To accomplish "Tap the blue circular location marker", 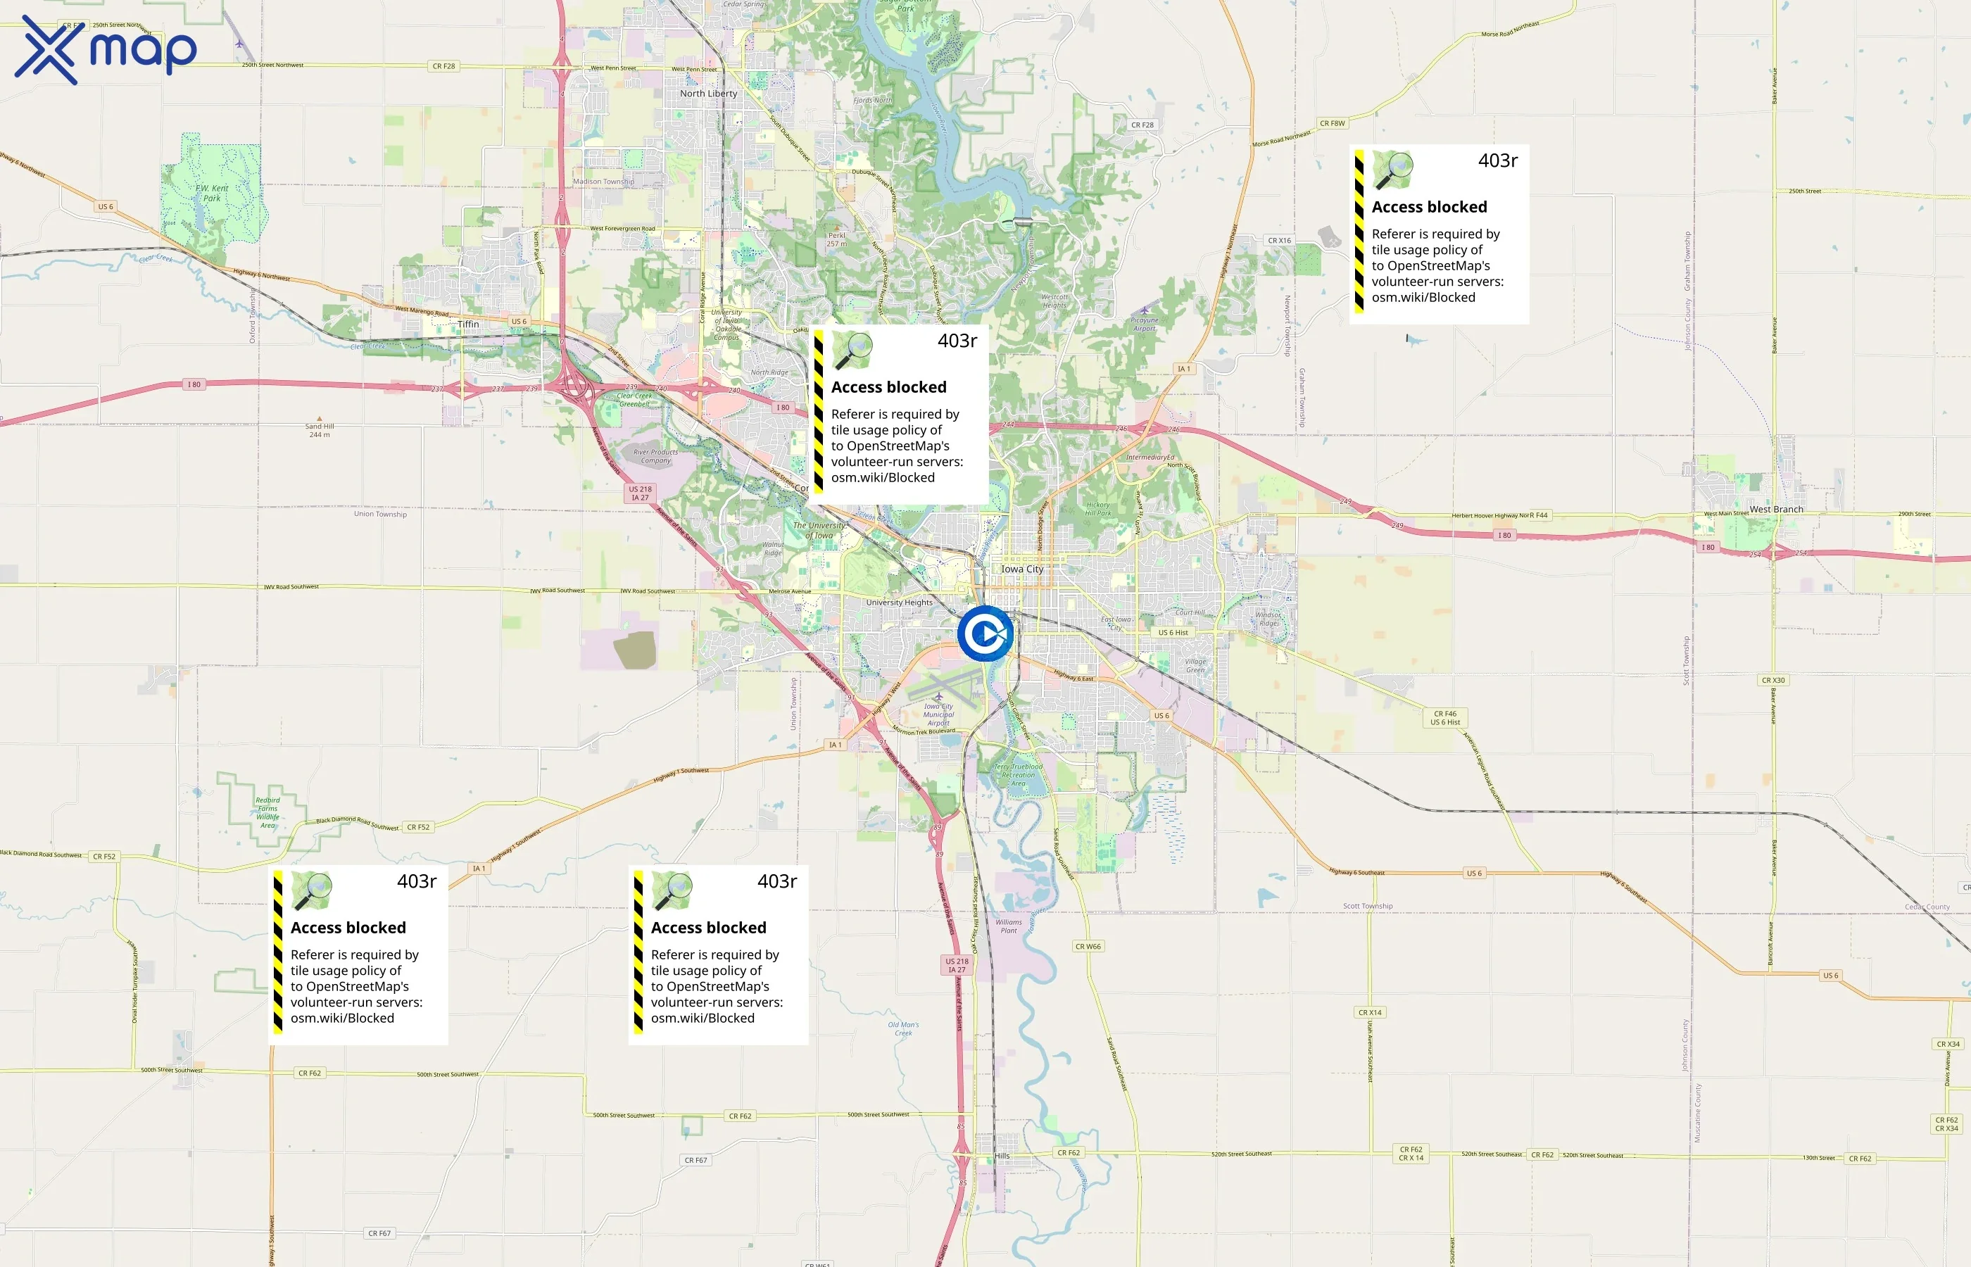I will tap(985, 633).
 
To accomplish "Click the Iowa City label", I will tap(1021, 569).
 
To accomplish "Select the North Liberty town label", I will tap(708, 93).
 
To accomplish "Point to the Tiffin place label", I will tap(468, 324).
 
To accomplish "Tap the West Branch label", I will tap(1776, 510).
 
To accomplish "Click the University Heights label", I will tap(899, 603).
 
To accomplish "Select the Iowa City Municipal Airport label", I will tap(938, 714).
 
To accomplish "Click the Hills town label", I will tap(1002, 1156).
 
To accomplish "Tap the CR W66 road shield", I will tap(1088, 946).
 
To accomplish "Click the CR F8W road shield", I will tap(1332, 123).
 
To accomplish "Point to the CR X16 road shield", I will tap(1279, 240).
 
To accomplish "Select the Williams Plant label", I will tap(1009, 926).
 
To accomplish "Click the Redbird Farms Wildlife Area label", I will tap(267, 812).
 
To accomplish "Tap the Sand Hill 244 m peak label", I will tap(319, 430).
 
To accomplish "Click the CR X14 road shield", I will tap(1370, 1013).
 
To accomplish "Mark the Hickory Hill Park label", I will tap(1097, 508).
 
